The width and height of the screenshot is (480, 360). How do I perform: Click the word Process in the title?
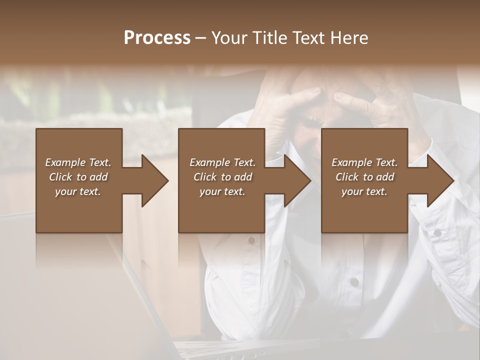coord(157,38)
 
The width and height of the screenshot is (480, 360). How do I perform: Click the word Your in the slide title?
coord(230,38)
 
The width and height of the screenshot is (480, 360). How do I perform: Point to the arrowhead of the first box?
coord(154,180)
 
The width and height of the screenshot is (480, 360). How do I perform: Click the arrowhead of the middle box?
coord(297,180)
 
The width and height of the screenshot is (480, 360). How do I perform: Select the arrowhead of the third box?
coord(440,180)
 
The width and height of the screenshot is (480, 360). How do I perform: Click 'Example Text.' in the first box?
coord(78,162)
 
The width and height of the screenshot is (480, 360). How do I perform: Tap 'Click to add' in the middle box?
coord(222,177)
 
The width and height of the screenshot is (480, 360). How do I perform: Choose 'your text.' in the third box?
coord(364,191)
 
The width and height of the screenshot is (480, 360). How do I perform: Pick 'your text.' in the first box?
coord(78,191)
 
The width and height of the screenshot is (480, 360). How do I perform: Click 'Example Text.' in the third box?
coord(364,162)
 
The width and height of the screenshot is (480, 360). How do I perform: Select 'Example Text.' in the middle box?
coord(222,162)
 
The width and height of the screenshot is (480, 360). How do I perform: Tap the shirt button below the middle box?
coord(251,240)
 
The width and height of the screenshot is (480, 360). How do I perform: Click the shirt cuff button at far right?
coord(437,232)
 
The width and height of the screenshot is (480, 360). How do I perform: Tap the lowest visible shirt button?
coord(354,282)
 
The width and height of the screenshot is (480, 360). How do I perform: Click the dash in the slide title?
coord(200,38)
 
